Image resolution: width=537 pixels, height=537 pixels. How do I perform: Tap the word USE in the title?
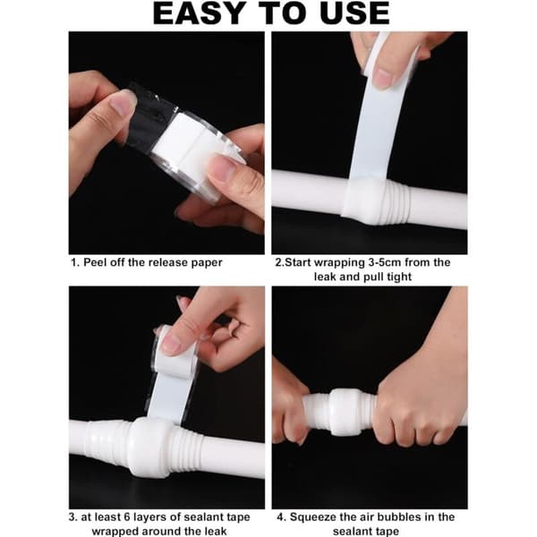(x=355, y=13)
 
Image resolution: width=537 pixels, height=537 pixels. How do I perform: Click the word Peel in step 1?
(x=94, y=262)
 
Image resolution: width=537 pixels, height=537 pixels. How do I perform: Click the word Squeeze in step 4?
(x=312, y=517)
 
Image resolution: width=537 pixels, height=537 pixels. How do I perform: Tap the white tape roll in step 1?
(x=192, y=153)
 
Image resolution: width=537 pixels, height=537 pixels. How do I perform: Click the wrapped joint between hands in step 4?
(x=345, y=412)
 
